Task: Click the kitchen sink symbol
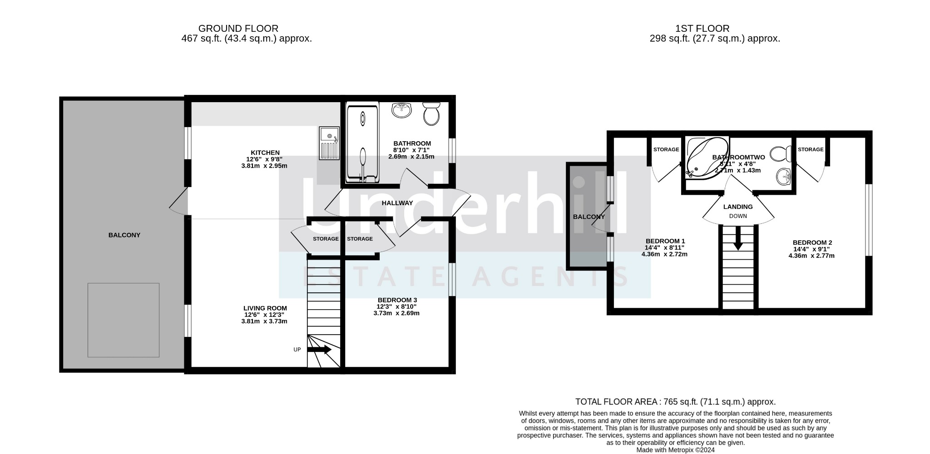(x=329, y=143)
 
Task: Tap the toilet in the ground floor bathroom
(x=431, y=113)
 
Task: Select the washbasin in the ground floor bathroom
(x=401, y=110)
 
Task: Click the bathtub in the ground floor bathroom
(x=362, y=143)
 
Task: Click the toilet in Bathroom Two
(x=781, y=154)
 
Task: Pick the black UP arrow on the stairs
(x=320, y=350)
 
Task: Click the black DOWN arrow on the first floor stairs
(x=738, y=238)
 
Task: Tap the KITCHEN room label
(x=265, y=153)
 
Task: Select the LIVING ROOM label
(x=265, y=308)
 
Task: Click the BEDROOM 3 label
(x=397, y=300)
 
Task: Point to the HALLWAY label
(x=397, y=203)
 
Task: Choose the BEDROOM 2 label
(x=812, y=242)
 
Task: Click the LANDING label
(x=738, y=207)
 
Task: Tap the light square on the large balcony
(x=124, y=320)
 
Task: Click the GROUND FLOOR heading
(x=238, y=29)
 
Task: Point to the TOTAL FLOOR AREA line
(x=675, y=402)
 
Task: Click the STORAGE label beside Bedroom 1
(x=666, y=149)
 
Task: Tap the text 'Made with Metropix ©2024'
(x=676, y=450)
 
